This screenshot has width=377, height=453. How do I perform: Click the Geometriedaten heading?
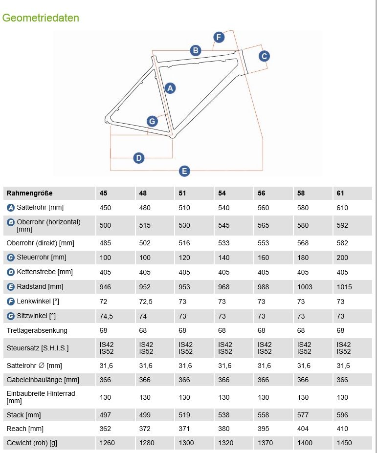pos(41,18)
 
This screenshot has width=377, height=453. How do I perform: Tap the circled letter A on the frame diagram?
pos(170,88)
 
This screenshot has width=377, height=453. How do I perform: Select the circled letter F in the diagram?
pos(219,38)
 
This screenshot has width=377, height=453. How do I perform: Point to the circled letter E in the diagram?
pos(184,171)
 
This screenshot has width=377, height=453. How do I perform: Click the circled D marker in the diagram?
pos(139,158)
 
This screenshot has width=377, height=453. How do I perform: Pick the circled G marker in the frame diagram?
pos(152,121)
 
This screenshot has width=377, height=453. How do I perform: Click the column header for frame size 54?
pos(222,193)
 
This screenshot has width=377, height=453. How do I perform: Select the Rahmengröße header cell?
pos(30,193)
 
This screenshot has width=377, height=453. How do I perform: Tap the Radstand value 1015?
pos(344,287)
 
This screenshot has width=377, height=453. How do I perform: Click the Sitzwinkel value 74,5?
pos(106,316)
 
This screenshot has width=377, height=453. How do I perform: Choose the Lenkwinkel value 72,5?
pos(146,302)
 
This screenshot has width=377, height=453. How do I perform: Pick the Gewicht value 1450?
pos(344,443)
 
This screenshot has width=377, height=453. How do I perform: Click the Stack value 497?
pos(105,415)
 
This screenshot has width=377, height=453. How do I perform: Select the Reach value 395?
pos(264,429)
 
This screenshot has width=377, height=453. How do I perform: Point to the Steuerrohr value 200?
pos(342,258)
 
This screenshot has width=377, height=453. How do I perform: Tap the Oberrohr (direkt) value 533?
pos(224,243)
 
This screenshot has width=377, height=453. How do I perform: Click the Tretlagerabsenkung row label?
pos(37,330)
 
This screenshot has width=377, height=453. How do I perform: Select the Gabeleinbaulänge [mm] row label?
pos(43,380)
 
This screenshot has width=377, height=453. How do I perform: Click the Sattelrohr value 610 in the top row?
pos(342,208)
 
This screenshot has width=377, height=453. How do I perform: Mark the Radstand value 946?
pos(105,287)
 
